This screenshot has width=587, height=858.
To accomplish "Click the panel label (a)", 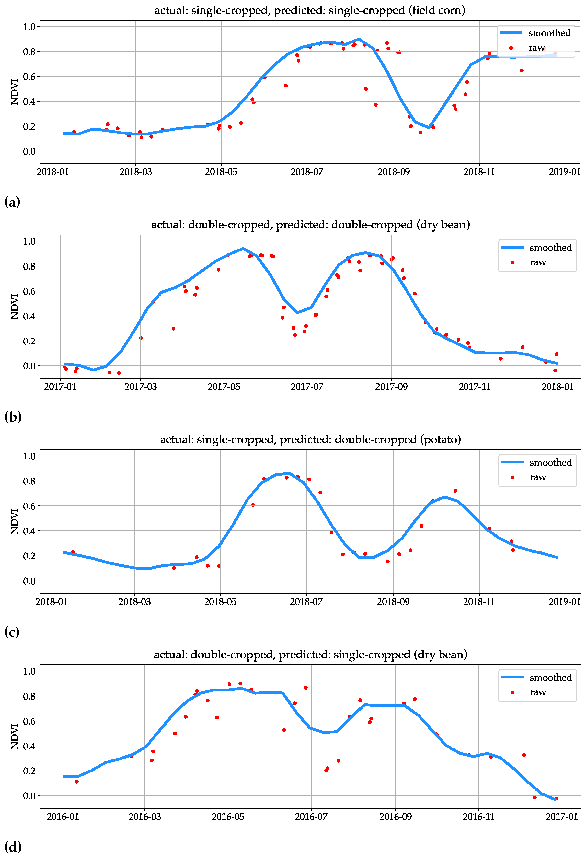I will [x=12, y=202].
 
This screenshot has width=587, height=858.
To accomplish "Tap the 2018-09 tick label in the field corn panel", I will [x=394, y=172].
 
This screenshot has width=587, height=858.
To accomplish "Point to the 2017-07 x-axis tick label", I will [x=307, y=387].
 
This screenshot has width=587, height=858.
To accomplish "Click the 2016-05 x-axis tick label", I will [x=228, y=817].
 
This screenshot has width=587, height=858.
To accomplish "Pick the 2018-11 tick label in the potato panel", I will [x=479, y=602].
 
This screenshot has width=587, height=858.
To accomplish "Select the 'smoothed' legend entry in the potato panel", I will [x=537, y=463].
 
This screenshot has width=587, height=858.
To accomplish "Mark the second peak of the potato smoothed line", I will [x=444, y=497].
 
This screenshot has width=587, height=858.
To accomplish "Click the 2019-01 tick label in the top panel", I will [x=564, y=172].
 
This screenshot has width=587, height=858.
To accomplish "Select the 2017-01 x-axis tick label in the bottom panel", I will [x=561, y=817].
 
